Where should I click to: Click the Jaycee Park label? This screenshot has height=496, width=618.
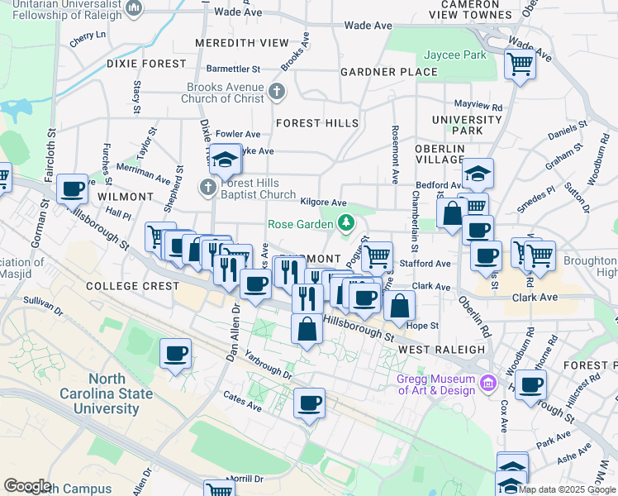click(454, 55)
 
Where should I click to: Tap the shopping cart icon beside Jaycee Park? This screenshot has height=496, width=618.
click(520, 63)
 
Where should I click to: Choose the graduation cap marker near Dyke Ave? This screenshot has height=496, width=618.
click(224, 160)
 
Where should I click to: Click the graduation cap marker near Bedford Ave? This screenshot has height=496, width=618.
click(478, 174)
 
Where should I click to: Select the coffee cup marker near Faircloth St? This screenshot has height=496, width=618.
click(73, 189)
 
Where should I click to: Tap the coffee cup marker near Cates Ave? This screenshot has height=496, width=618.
click(309, 403)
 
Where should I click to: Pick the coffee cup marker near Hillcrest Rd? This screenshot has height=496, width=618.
click(530, 384)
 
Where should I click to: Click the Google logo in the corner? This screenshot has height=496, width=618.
click(26, 486)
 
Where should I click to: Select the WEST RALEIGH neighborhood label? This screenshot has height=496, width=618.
click(438, 350)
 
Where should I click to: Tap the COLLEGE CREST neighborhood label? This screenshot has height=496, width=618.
click(132, 286)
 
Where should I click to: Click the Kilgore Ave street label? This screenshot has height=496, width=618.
click(323, 202)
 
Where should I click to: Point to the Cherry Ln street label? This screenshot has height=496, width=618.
click(88, 36)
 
